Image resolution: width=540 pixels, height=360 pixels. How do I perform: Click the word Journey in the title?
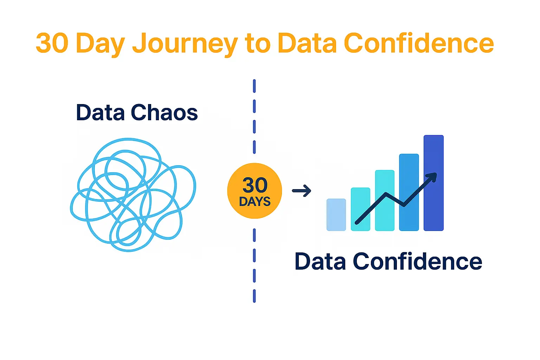(185, 45)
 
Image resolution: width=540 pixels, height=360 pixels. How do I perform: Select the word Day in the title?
(101, 45)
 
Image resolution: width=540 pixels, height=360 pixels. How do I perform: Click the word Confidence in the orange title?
(419, 43)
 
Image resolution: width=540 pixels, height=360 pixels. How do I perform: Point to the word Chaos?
(164, 112)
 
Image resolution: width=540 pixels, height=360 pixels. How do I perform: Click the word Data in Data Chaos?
(100, 112)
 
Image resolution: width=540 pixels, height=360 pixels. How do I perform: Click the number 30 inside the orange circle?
(255, 185)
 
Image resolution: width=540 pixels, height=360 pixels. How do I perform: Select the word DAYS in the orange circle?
(255, 201)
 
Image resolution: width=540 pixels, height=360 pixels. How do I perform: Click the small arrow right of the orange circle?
(302, 191)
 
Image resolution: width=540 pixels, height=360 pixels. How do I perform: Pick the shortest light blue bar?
(336, 215)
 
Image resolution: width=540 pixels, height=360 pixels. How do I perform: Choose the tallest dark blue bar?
(434, 183)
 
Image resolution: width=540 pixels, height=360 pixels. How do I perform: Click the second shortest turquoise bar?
(361, 209)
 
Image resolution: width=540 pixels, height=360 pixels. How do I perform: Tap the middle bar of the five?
(385, 200)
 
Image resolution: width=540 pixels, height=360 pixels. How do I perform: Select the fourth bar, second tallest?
(409, 192)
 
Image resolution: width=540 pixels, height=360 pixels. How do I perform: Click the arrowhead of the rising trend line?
(433, 177)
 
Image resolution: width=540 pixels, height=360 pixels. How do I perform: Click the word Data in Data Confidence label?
(320, 261)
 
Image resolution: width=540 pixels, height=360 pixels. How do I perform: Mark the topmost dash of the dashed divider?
(254, 86)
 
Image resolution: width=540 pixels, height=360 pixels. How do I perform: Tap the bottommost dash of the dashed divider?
(254, 296)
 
